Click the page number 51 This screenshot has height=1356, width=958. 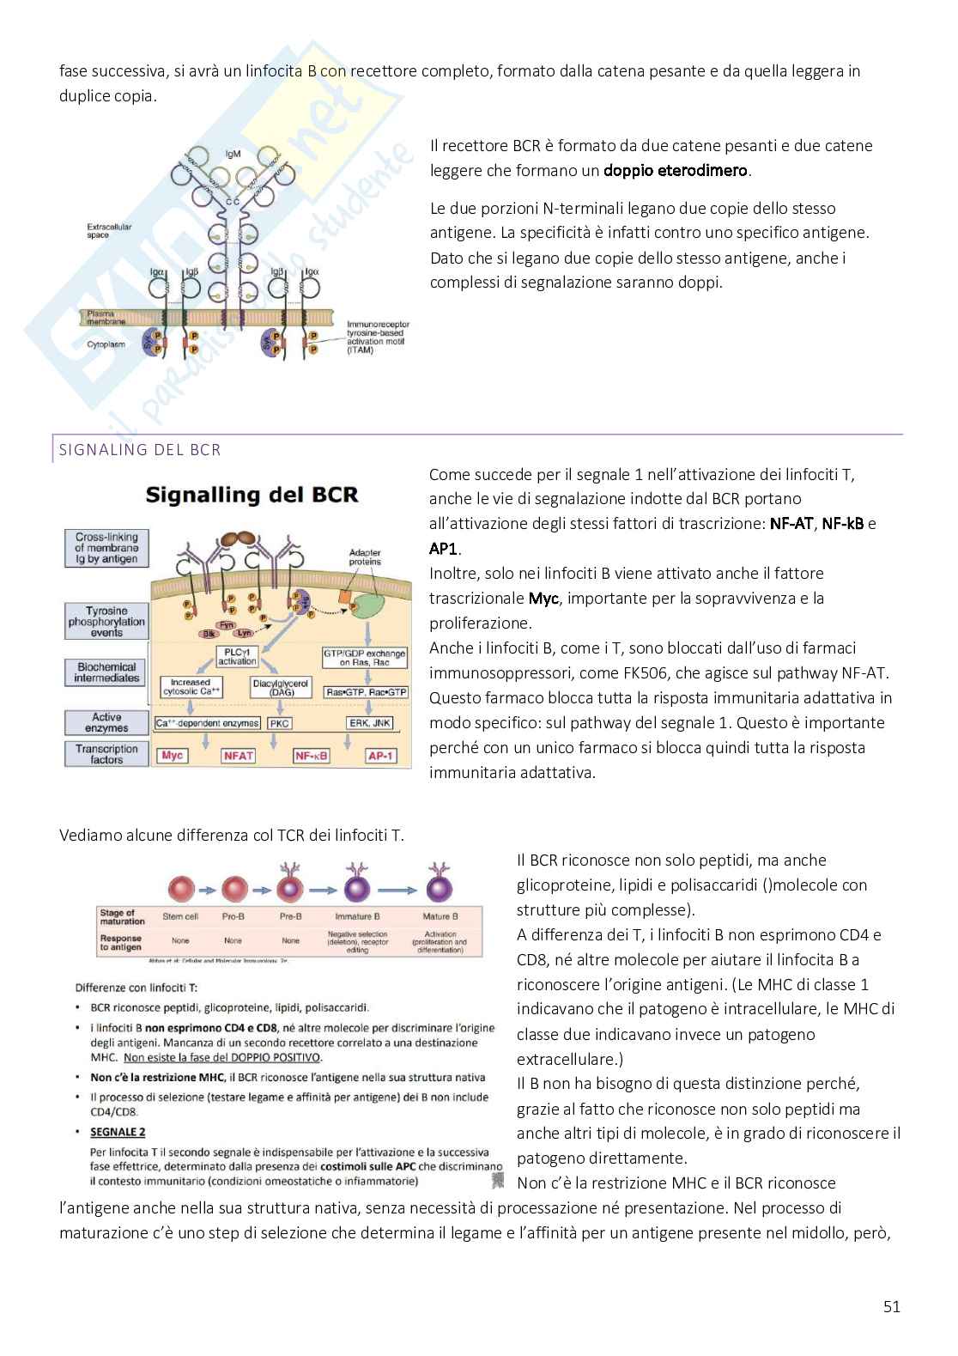[x=891, y=1307]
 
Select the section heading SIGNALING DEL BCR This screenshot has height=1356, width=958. [x=140, y=449]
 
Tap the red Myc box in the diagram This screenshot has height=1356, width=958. [x=173, y=756]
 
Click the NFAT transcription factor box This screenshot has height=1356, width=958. [x=239, y=756]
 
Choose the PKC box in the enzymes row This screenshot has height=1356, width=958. [x=280, y=723]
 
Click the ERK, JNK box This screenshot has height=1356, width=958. [x=370, y=723]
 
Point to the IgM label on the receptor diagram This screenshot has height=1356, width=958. [x=233, y=155]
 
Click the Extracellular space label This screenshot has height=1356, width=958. [x=109, y=231]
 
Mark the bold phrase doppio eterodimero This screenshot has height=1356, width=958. [x=676, y=170]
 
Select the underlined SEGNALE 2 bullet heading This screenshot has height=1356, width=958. [x=118, y=1132]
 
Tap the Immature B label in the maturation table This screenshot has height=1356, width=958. [x=357, y=916]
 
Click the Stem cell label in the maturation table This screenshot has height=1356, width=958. [x=180, y=916]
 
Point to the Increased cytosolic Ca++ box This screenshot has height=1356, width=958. [x=197, y=687]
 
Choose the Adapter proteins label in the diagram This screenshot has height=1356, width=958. [x=366, y=557]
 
